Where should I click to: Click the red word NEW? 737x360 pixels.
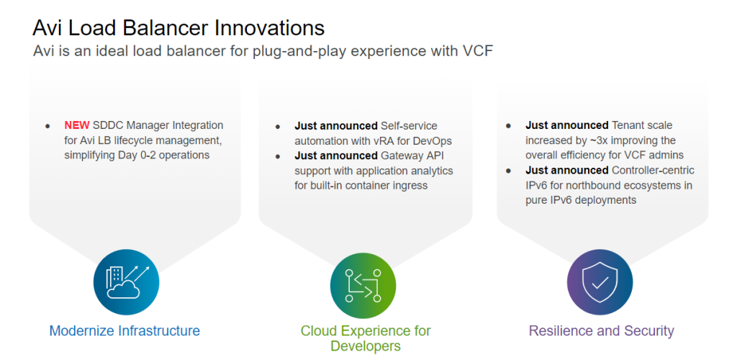click(77, 125)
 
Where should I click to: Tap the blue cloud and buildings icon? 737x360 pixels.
click(127, 282)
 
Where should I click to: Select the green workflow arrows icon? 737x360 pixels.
click(363, 285)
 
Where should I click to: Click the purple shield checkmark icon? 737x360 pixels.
click(600, 282)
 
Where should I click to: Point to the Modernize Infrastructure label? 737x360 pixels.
click(125, 331)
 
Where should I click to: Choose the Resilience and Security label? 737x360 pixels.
click(601, 331)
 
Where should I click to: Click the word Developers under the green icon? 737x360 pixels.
click(365, 346)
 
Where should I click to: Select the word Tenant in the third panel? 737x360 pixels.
click(627, 125)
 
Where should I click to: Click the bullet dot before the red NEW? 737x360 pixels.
click(48, 127)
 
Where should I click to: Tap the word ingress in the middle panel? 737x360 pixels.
click(410, 186)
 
